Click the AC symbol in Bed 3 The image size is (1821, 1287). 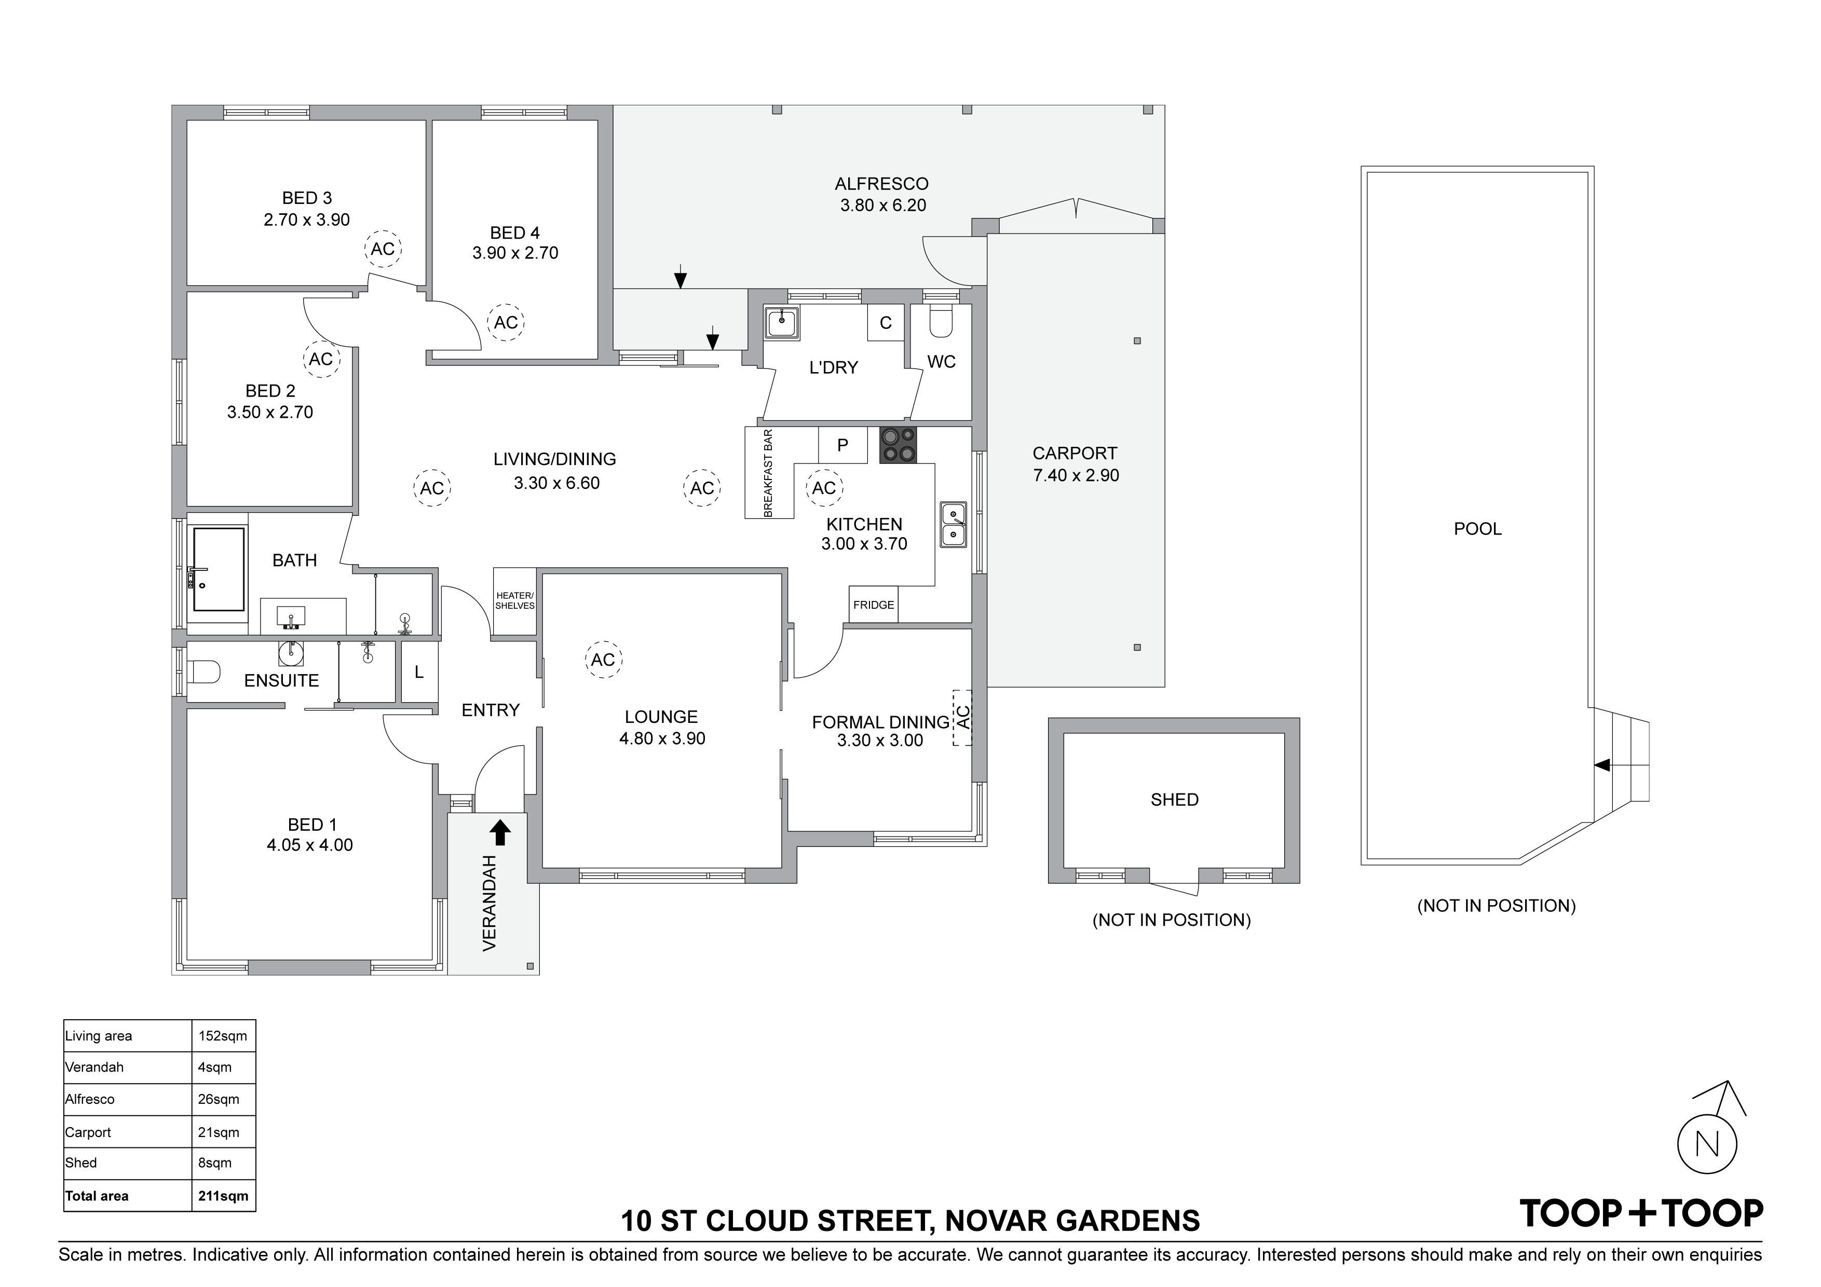[383, 249]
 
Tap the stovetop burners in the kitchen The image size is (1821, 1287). [898, 445]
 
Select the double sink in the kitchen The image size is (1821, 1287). [954, 524]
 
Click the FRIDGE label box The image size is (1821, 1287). [873, 604]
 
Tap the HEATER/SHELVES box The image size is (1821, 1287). [515, 601]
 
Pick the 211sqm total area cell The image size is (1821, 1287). [223, 1196]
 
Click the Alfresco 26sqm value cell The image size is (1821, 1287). [223, 1099]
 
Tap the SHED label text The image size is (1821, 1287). [1175, 799]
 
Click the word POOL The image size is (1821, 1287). [1477, 529]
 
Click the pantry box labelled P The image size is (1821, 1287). [842, 445]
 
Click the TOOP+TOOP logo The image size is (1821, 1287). [1641, 1213]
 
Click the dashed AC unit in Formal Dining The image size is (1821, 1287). [962, 717]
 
